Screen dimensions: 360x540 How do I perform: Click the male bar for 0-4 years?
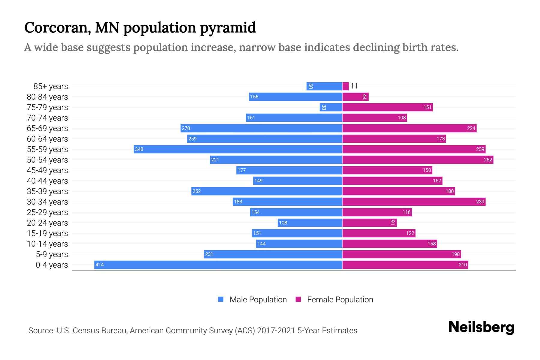(218, 265)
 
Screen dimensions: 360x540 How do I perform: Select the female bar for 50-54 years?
(418, 160)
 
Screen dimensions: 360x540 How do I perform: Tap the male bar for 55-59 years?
(238, 149)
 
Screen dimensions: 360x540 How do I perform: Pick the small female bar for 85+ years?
(346, 86)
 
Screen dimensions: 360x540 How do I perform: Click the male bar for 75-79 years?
(331, 107)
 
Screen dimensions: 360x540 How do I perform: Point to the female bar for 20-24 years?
(369, 223)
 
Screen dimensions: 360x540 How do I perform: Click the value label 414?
(100, 265)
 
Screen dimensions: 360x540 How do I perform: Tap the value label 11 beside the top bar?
(354, 86)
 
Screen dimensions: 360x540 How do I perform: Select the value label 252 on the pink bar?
(488, 160)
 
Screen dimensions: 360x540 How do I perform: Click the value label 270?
(186, 128)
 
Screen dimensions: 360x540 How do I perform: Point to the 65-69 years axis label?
(47, 128)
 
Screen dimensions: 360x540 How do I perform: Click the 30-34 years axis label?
(47, 202)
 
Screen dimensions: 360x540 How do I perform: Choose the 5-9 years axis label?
(52, 254)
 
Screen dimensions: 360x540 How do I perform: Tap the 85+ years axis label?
(51, 86)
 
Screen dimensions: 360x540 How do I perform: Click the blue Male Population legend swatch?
(221, 299)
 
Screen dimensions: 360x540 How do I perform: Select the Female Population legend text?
(340, 299)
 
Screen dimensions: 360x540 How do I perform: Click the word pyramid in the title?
(228, 28)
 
